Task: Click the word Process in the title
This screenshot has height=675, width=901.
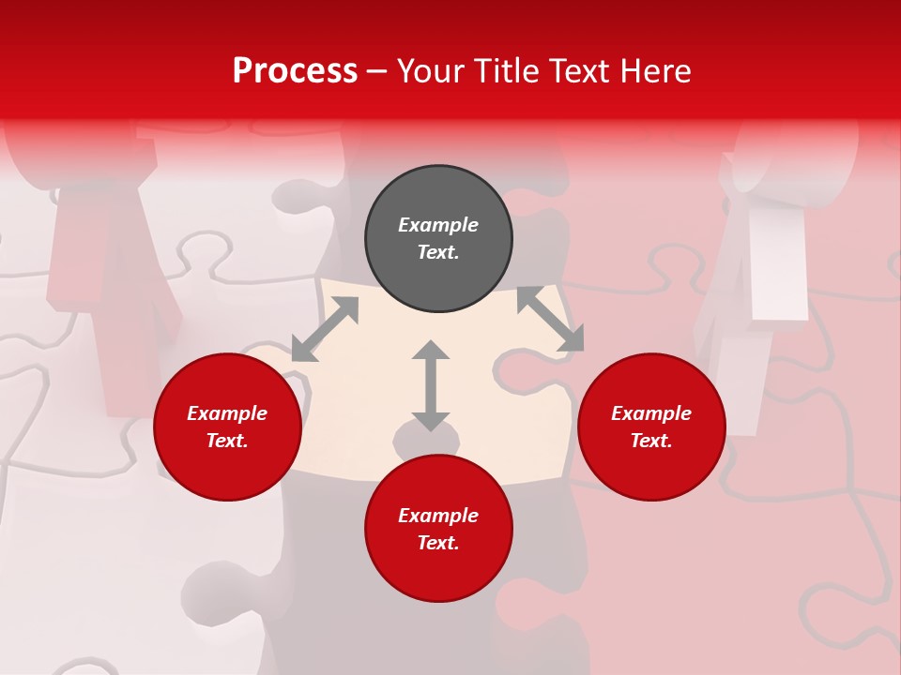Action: point(295,71)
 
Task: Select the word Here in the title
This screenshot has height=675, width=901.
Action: point(654,71)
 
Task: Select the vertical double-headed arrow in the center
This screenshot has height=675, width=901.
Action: point(431,385)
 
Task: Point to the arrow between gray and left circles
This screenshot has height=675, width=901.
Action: point(325,329)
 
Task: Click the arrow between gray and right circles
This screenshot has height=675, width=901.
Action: point(551,319)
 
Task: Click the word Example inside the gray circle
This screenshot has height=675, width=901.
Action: point(438,225)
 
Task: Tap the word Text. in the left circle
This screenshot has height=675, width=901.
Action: point(227,441)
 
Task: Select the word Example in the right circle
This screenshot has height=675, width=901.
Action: point(651,413)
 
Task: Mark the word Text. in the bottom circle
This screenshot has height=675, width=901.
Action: point(438,543)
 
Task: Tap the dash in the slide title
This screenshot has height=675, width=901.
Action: point(376,71)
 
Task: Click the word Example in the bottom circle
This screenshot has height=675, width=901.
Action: point(438,516)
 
